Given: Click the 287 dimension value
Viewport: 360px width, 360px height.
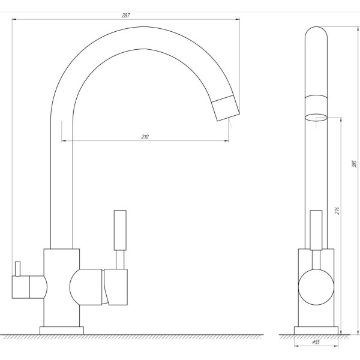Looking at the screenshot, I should (126, 14).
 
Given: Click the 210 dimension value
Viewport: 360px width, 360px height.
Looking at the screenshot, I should (145, 137).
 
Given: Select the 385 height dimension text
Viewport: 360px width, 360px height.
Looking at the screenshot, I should (354, 164).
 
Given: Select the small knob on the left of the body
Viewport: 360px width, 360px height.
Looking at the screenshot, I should (17, 268).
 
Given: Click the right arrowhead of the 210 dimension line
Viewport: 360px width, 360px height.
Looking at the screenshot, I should (226, 142).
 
